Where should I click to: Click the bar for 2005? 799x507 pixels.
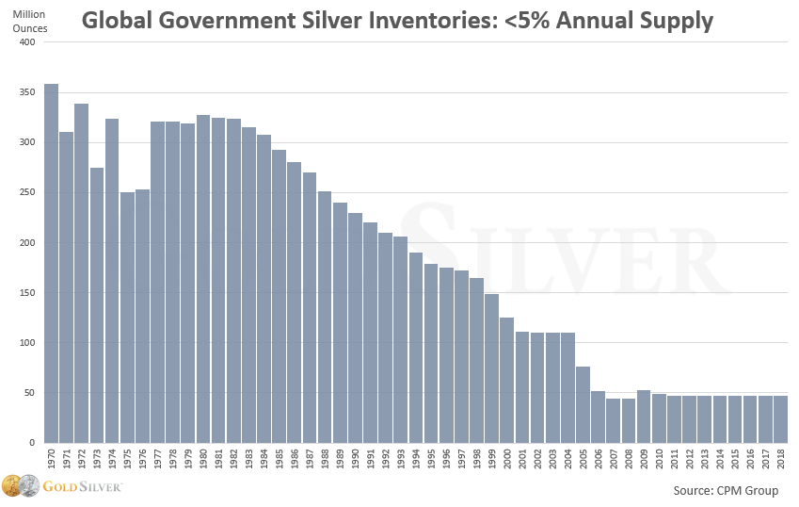coord(583,404)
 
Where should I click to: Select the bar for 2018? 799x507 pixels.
coord(781,419)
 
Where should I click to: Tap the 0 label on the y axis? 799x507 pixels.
coord(32,443)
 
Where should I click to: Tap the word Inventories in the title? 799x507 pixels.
coord(406,20)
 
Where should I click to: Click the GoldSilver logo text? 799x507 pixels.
coord(85,487)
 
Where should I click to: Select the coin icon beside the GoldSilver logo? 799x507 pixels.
coord(22,486)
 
